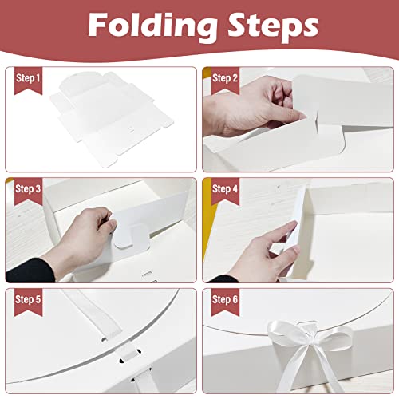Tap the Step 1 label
pyautogui.click(x=26, y=77)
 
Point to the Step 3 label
pyautogui.click(x=26, y=188)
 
